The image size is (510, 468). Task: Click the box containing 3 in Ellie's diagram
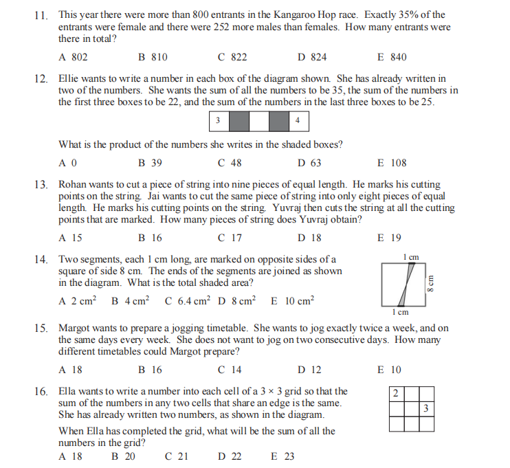tap(219, 122)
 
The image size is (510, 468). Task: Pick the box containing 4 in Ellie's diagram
tap(298, 122)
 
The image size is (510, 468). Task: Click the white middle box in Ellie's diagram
tap(258, 122)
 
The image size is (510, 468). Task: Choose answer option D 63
tap(309, 163)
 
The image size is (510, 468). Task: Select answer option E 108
tap(392, 163)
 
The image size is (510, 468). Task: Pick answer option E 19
tap(389, 238)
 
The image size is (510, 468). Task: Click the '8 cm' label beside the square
tap(432, 283)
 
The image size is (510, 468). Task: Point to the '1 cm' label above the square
tap(411, 257)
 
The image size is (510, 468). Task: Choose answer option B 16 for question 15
tap(150, 369)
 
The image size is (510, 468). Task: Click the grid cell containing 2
tap(396, 394)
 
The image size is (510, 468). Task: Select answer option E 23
tap(282, 456)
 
